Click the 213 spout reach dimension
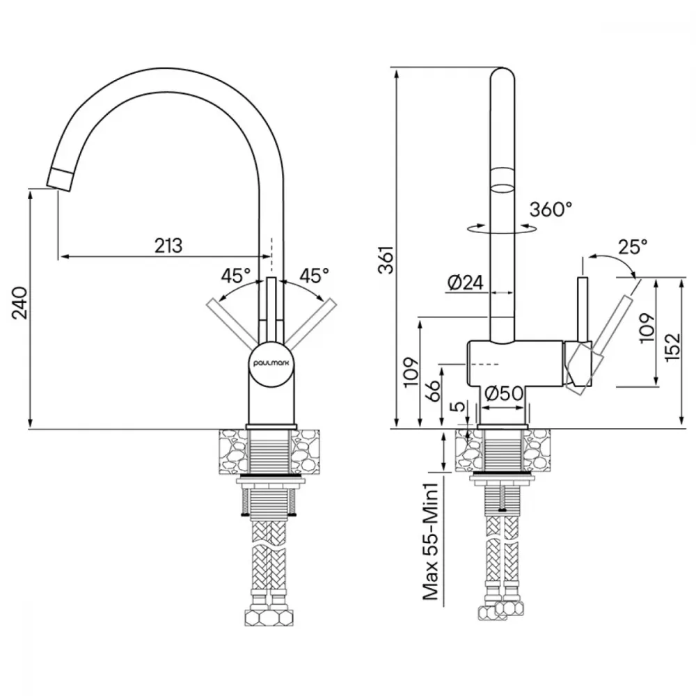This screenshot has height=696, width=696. point(168,245)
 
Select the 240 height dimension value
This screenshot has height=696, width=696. point(20,303)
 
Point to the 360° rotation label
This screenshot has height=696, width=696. point(551,209)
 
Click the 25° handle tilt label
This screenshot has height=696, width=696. point(632,247)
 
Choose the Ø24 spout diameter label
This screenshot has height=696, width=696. point(466,283)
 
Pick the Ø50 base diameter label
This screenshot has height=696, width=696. point(503,393)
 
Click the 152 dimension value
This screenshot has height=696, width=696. point(673,346)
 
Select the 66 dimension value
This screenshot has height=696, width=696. point(434,390)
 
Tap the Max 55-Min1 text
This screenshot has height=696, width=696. point(431,541)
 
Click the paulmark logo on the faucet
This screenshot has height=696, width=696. point(271,363)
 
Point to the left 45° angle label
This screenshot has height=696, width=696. point(236,276)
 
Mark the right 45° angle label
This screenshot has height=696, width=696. point(315,276)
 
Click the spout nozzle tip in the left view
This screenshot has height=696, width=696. point(58,180)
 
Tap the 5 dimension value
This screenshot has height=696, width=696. point(460,406)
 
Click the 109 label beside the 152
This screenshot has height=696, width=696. point(647,328)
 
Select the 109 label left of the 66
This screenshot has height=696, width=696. point(412,372)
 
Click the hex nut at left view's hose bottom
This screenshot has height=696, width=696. point(269,617)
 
